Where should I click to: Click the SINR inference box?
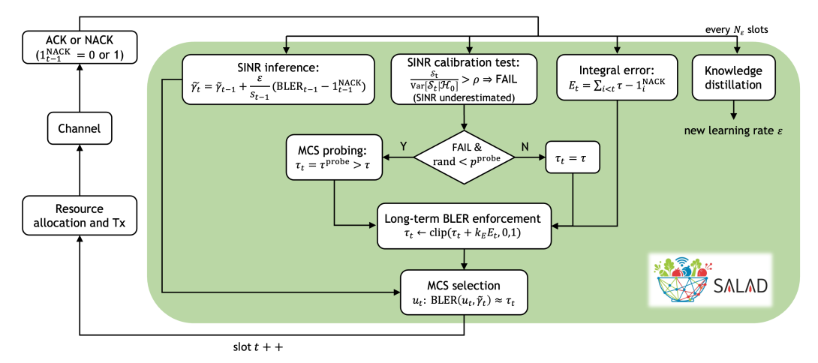pyautogui.click(x=278, y=78)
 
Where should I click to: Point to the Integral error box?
pyautogui.click(x=616, y=78)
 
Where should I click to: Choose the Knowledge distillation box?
pyautogui.click(x=734, y=78)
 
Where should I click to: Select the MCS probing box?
pyautogui.click(x=333, y=157)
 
